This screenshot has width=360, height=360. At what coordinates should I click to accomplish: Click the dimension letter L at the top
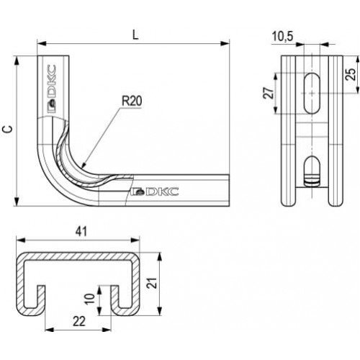pos(135,35)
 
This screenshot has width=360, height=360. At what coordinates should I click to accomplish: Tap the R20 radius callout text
pos(132,101)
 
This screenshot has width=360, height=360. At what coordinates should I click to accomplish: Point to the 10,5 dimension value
pos(282,37)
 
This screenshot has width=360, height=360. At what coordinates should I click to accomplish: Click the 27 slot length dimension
pos(269,93)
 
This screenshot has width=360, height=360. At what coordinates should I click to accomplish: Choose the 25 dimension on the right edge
pos(351,74)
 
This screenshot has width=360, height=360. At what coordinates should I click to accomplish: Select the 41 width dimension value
pos(81,232)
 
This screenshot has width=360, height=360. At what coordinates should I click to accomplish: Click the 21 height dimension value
pos(153,283)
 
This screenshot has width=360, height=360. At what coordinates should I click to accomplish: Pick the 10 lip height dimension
pos(90,299)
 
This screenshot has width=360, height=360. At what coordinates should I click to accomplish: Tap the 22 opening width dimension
pos(79,321)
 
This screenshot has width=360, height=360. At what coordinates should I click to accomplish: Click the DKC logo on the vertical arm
pos(51,89)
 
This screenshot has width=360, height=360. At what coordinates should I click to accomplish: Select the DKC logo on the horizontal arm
pos(156,192)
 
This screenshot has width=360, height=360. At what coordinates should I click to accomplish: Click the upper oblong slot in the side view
pos(312,93)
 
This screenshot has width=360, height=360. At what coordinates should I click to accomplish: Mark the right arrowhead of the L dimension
pos(225,43)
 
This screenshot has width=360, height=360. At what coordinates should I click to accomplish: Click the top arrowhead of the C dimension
pos(17,60)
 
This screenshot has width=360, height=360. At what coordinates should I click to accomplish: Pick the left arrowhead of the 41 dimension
pos(21,240)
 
